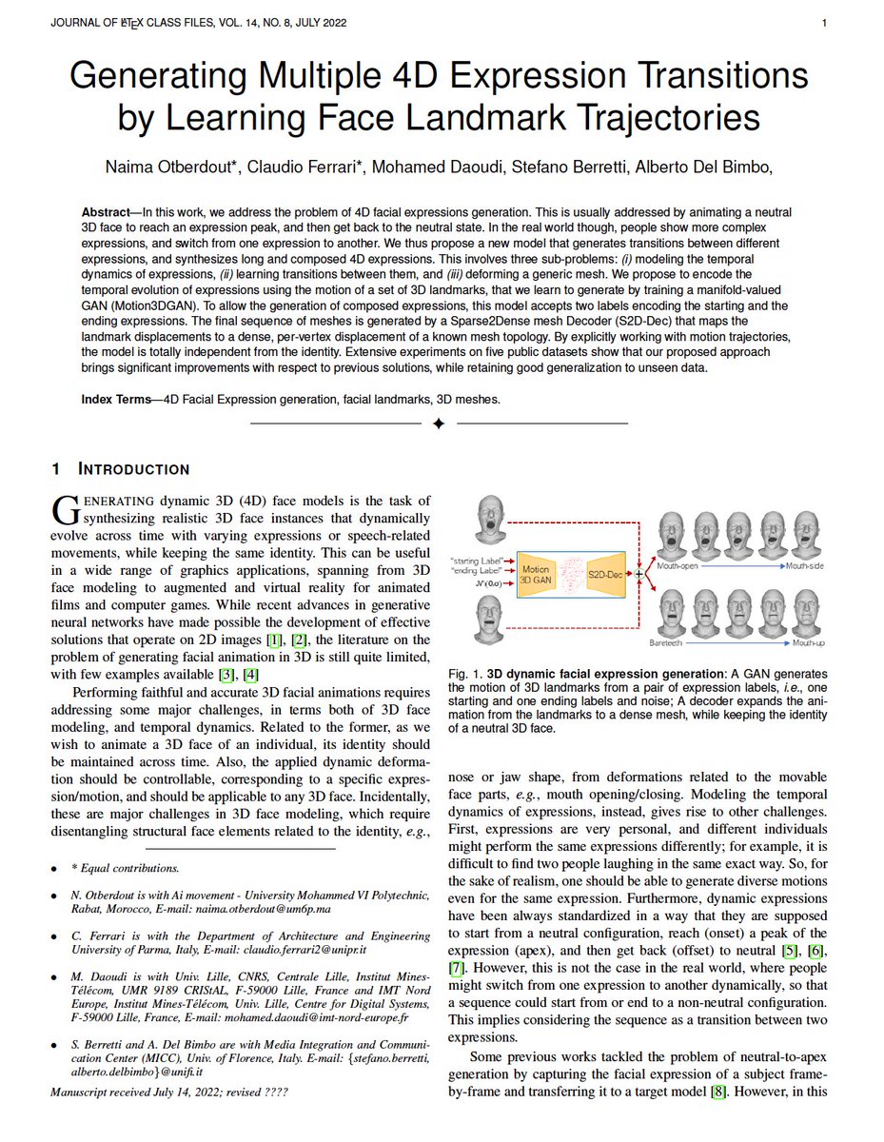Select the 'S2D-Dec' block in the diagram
tap(603, 574)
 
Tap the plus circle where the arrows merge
tap(638, 574)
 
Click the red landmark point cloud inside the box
tap(571, 574)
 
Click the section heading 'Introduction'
tap(132, 469)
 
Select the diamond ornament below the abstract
tap(439, 423)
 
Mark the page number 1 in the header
tap(824, 22)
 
